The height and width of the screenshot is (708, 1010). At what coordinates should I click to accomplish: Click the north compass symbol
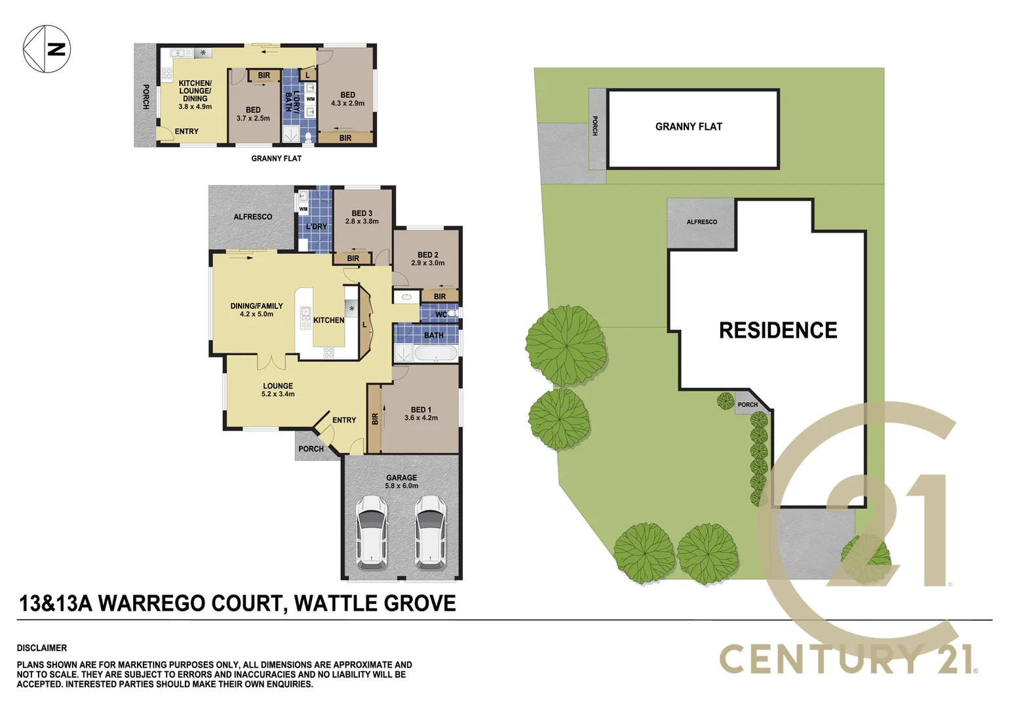[x=47, y=49]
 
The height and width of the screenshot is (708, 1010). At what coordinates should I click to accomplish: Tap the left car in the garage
[x=371, y=531]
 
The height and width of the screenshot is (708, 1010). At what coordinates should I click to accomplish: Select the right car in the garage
[x=431, y=531]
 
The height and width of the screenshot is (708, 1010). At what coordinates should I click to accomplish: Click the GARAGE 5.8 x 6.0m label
[x=401, y=482]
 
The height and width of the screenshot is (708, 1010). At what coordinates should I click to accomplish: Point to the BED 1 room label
[x=421, y=414]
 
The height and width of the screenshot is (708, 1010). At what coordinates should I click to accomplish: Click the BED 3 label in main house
[x=362, y=217]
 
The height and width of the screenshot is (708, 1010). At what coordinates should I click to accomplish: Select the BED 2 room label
[x=427, y=259]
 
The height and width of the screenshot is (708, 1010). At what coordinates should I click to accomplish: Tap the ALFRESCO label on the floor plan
[x=252, y=217]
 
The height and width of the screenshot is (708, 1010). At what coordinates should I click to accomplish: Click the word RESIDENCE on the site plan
[x=777, y=330]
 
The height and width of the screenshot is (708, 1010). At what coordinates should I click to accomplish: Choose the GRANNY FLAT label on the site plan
[x=688, y=127]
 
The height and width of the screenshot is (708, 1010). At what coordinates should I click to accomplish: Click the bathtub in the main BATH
[x=436, y=354]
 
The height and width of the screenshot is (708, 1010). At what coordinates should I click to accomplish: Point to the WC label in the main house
[x=441, y=315]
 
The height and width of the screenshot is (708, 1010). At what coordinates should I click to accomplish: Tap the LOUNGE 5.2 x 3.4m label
[x=278, y=390]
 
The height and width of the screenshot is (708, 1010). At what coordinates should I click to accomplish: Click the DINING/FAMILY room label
[x=256, y=310]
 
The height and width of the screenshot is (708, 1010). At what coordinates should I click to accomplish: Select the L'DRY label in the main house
[x=316, y=227]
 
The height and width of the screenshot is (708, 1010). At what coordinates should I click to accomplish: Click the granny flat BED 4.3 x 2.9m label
[x=347, y=99]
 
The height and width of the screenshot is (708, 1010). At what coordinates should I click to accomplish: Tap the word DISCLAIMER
[x=42, y=648]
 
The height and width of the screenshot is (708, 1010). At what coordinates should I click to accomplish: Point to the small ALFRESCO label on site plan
[x=701, y=222]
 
